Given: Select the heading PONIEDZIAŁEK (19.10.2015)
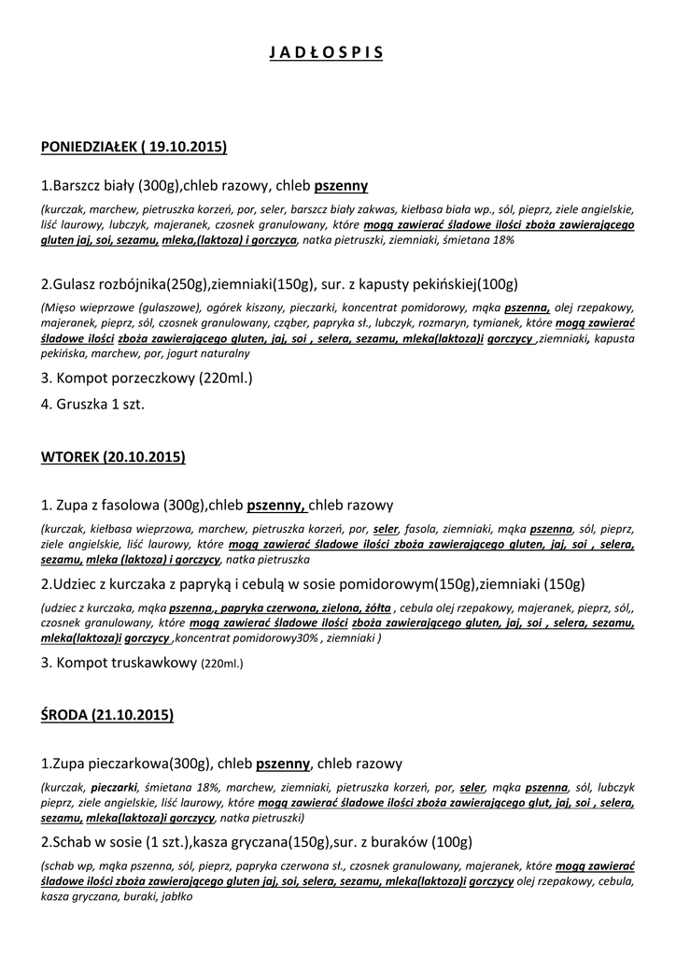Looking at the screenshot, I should pyautogui.click(x=134, y=147).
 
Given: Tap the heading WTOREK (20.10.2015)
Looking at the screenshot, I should pyautogui.click(x=113, y=457).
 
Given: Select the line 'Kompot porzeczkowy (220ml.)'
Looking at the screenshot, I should pyautogui.click(x=148, y=379).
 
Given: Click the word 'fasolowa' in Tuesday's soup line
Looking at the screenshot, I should pyautogui.click(x=132, y=505).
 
